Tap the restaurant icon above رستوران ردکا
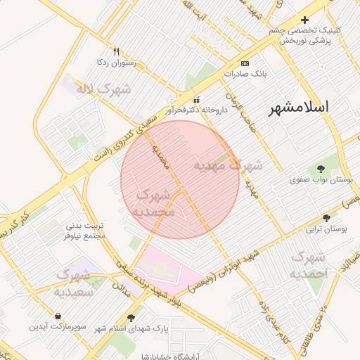coord(117,51)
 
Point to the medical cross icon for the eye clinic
coord(304,20)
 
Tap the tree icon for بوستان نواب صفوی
coord(321,169)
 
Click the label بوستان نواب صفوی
coord(321,180)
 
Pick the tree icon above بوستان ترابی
coord(326,218)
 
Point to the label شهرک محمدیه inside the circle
coord(162,202)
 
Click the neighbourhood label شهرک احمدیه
coord(309,264)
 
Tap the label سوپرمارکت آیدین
coord(57,326)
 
